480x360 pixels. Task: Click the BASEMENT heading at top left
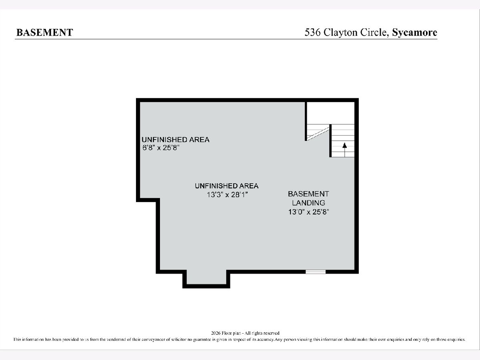tap(45, 32)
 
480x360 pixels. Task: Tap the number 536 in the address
tap(313, 32)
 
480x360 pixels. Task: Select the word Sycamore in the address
tap(415, 32)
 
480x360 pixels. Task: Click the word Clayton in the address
tap(341, 32)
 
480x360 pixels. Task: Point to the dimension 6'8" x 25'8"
tap(161, 148)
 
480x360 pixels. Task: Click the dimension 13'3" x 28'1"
tap(228, 194)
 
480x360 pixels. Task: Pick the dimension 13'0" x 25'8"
tap(308, 212)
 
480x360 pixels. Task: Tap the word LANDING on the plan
tap(308, 203)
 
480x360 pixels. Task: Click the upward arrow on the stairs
tap(345, 150)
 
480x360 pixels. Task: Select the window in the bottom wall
tap(316, 272)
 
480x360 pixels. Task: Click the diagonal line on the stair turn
tap(318, 133)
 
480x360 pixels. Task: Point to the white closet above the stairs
tap(331, 113)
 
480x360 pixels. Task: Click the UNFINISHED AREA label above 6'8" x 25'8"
tap(176, 140)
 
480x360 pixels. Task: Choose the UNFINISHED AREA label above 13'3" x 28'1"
tap(227, 186)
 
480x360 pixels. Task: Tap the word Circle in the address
tap(374, 32)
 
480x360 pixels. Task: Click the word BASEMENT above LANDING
tap(308, 194)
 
